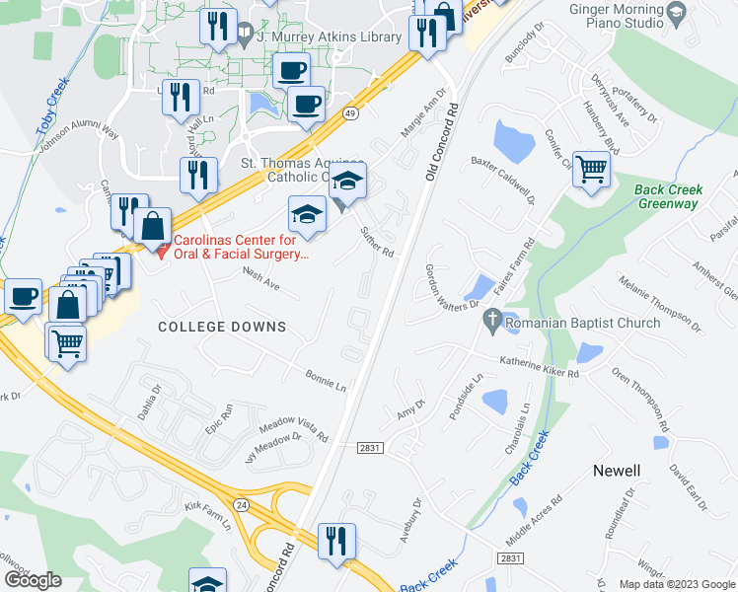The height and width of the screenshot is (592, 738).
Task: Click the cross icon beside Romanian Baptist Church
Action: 491,321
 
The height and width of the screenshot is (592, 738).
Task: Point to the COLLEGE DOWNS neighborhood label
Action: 222,327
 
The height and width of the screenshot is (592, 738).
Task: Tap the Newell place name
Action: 618,471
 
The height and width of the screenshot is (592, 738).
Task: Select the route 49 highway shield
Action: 350,114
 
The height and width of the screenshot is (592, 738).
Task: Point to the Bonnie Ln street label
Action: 326,381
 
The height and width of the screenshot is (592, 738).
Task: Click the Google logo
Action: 33,580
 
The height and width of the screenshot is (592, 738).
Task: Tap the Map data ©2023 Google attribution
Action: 677,584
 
